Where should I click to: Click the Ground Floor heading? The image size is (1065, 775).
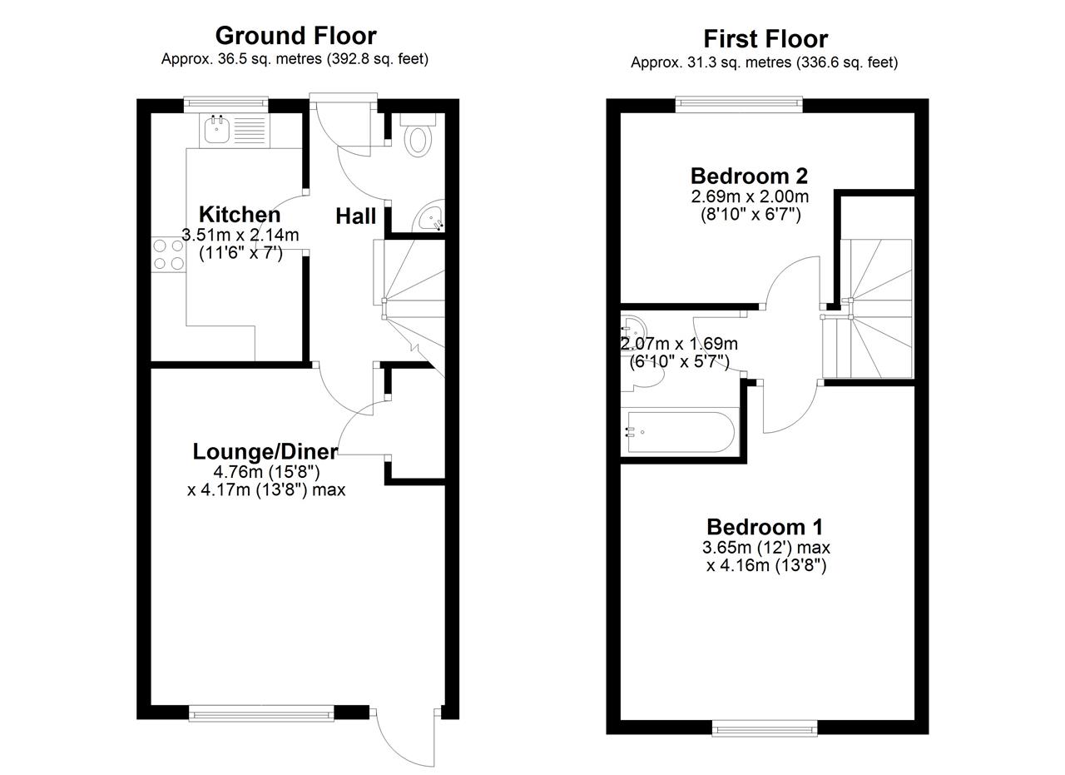(x=295, y=36)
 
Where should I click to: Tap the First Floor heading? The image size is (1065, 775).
(x=765, y=39)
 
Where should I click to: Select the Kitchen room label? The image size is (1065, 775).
(x=240, y=215)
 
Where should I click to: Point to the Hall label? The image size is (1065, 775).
(x=355, y=216)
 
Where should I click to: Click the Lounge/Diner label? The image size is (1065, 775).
(x=265, y=451)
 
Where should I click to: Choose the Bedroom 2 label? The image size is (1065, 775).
(x=749, y=176)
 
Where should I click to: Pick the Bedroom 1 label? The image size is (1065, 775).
(x=765, y=527)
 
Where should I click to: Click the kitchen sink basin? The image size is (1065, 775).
(x=217, y=129)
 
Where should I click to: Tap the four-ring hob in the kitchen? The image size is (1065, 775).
(x=169, y=255)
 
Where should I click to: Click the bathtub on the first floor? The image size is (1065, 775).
(x=681, y=432)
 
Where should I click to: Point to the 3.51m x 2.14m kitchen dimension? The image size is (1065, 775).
(x=240, y=235)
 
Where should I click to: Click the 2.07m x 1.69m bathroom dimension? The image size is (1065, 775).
(x=680, y=343)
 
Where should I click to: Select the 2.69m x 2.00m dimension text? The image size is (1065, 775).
(x=750, y=196)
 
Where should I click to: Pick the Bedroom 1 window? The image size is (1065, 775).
(x=765, y=728)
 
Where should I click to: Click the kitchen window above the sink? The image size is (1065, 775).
(x=226, y=103)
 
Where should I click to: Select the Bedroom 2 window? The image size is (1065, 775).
(x=740, y=104)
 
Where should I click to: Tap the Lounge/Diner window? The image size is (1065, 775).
(x=261, y=713)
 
